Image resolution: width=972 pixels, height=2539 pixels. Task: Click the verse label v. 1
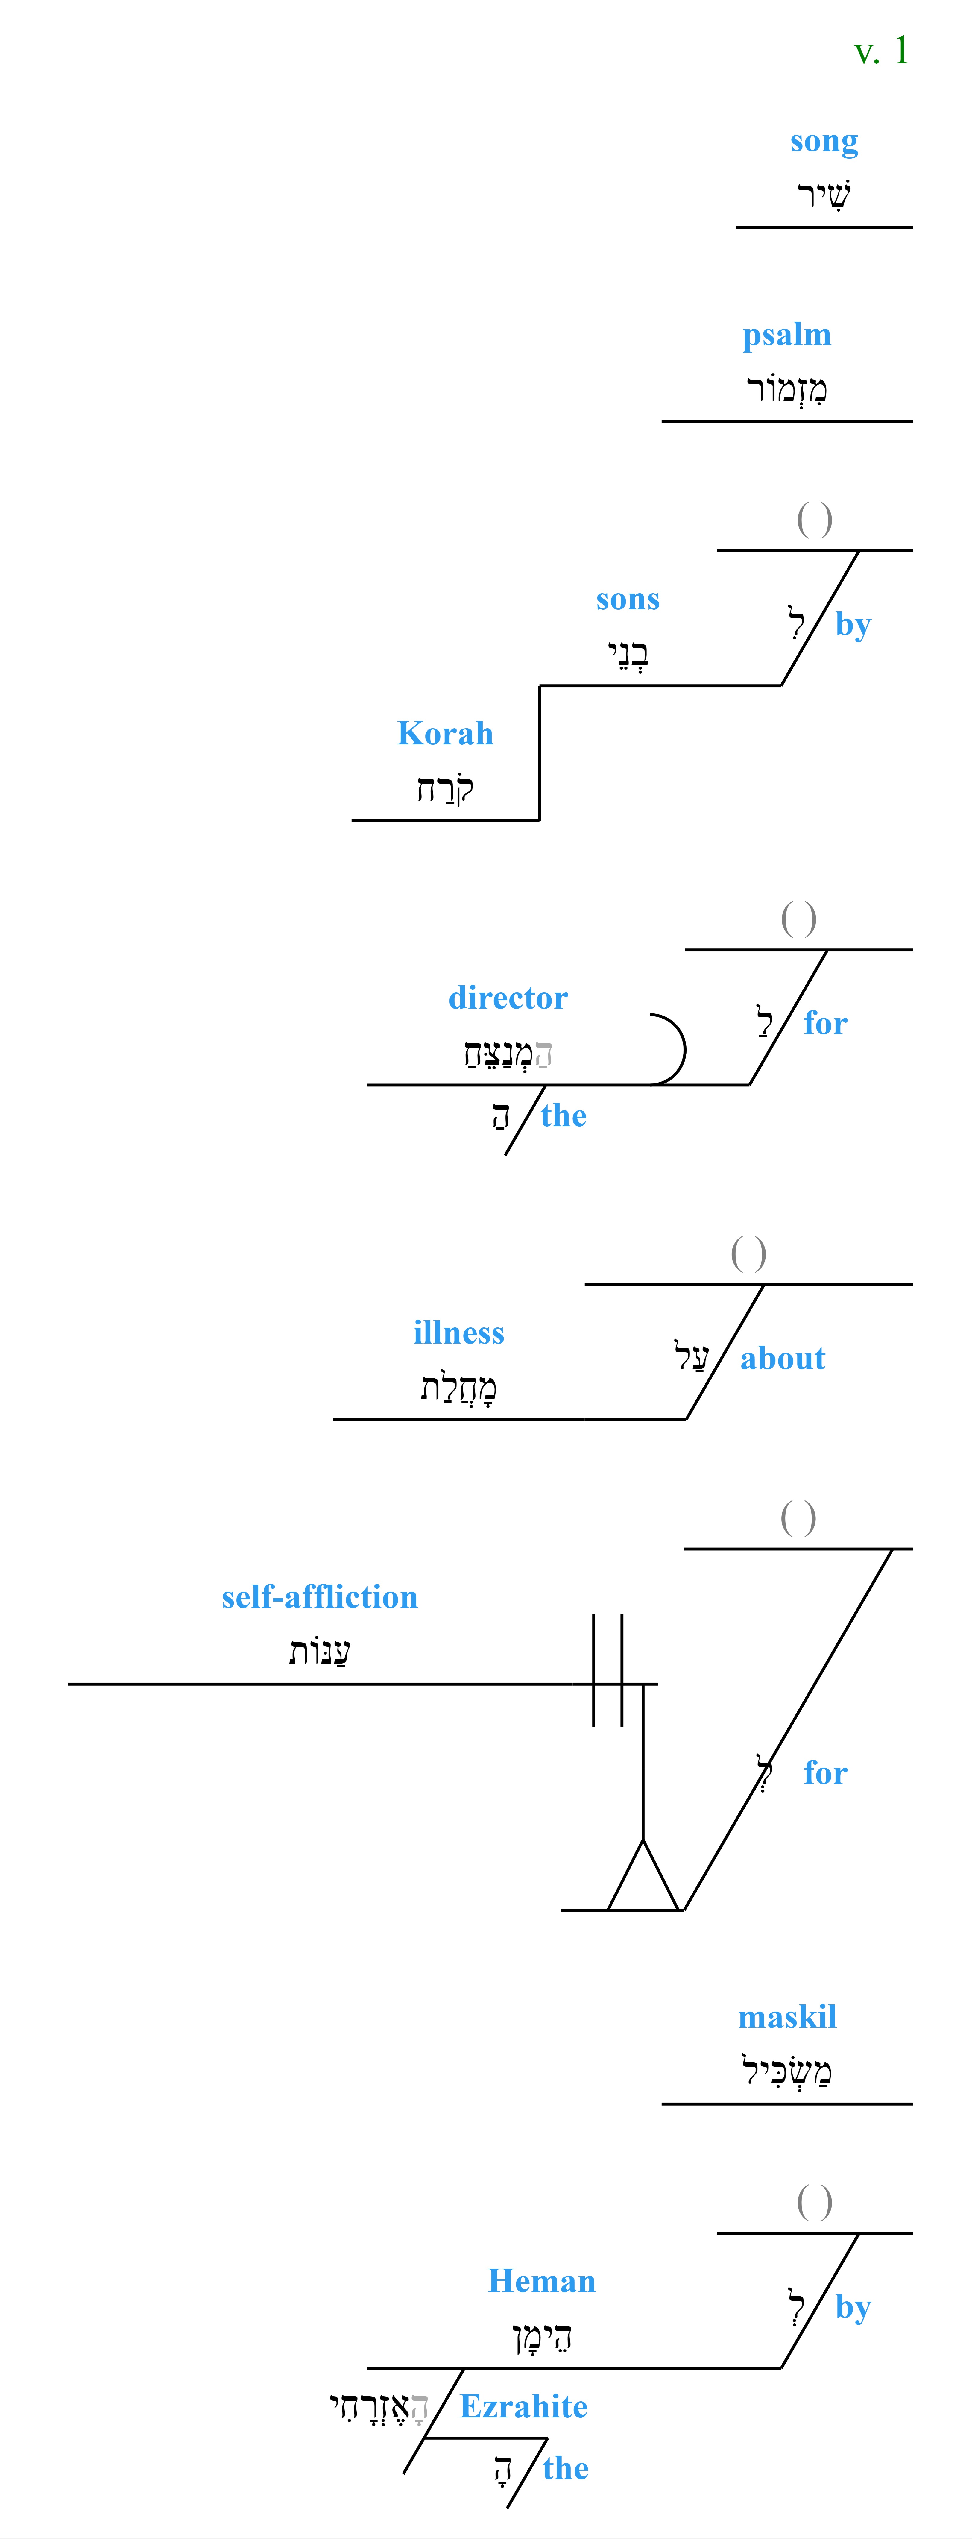tap(880, 51)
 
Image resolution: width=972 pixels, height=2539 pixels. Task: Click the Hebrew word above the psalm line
tap(787, 388)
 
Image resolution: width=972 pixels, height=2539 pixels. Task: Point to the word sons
tap(628, 599)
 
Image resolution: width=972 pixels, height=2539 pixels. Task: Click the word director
tap(508, 998)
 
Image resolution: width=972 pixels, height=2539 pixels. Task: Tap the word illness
tap(458, 1333)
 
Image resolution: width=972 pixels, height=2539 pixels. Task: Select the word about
tap(783, 1358)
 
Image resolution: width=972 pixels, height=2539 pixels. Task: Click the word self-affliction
tap(319, 1597)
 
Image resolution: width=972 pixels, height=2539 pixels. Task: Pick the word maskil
tap(788, 2017)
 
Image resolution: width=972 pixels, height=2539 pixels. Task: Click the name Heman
tap(542, 2281)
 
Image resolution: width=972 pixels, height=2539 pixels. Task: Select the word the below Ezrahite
tap(566, 2468)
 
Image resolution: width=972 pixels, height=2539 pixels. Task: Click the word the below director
tap(564, 1116)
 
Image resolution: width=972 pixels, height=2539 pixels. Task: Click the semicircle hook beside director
tap(683, 1049)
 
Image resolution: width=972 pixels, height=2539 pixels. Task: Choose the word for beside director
tap(825, 1023)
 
